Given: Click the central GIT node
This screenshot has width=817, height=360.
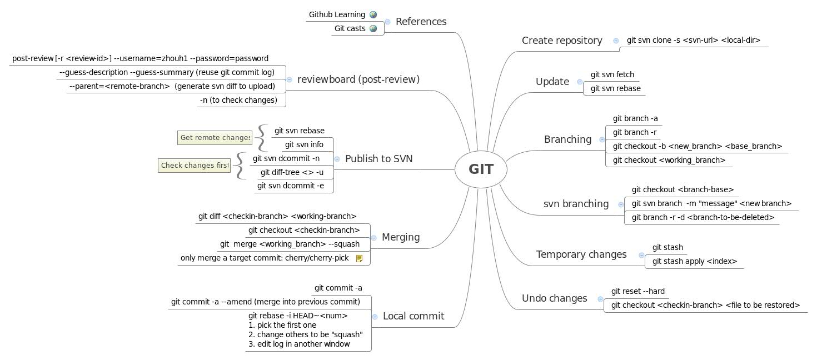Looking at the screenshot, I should (x=481, y=169).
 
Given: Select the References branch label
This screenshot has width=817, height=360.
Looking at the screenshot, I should (x=421, y=22).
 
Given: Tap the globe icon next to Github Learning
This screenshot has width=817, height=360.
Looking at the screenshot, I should (x=373, y=14).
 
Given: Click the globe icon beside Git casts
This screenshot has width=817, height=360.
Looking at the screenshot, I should (x=373, y=28).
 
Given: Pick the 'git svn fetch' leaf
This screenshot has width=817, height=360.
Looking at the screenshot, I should (x=612, y=74).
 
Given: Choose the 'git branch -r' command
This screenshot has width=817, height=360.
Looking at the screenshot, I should (x=634, y=132).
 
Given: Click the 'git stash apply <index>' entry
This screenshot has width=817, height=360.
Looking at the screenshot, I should (x=694, y=261).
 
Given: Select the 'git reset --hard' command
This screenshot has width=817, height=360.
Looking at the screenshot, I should (x=637, y=291).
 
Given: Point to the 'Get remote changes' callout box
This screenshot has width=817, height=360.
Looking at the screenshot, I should (x=215, y=138).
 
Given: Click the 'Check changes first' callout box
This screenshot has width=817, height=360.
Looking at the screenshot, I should (x=195, y=166).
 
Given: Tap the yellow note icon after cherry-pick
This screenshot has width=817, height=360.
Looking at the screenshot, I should (x=359, y=258).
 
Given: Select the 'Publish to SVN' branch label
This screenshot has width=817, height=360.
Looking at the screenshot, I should (x=378, y=159).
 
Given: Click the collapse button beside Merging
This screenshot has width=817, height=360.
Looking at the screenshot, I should (x=374, y=238).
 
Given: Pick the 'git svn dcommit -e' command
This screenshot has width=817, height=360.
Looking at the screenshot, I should (x=290, y=186).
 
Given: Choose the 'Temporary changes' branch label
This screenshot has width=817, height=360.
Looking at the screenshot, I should (x=581, y=254).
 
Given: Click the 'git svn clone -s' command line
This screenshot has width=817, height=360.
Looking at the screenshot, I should (x=693, y=40).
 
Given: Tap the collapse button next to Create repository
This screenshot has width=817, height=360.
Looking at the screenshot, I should (x=616, y=41).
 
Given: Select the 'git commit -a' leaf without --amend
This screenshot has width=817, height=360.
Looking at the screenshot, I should (x=338, y=288).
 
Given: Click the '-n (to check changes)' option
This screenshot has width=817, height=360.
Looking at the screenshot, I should (x=238, y=100).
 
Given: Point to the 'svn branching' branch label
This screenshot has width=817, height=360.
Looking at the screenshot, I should (x=576, y=204).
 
